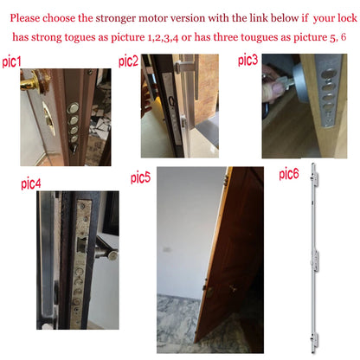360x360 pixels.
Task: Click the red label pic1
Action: pos(11,61)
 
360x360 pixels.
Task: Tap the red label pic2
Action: pos(128,61)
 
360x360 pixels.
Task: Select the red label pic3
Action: pos(247,60)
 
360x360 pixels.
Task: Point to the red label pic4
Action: pos(31,183)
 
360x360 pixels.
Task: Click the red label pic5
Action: pos(140,177)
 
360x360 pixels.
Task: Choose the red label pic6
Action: pos(289,174)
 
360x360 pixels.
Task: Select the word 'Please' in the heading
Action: pos(25,18)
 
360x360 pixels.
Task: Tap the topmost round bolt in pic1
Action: pos(73,108)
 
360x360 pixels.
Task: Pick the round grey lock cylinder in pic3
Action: pos(300,82)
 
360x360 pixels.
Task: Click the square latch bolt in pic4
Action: pos(81,245)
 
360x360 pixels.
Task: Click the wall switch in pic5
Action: pos(167,249)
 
